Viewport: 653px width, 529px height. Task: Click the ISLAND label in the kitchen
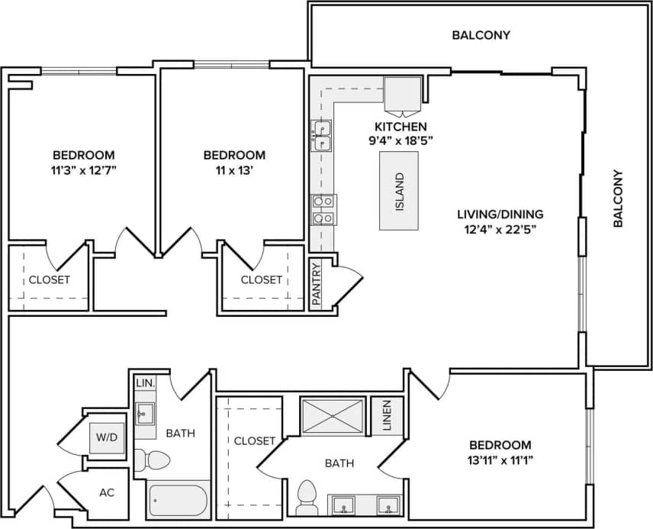pyautogui.click(x=399, y=191)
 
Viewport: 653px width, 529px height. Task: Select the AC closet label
pyautogui.click(x=107, y=492)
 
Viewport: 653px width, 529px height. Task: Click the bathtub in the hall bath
pyautogui.click(x=177, y=501)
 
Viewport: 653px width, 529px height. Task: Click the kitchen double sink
pyautogui.click(x=322, y=135)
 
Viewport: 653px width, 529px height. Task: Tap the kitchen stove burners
pyautogui.click(x=322, y=209)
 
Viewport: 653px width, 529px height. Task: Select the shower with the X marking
pyautogui.click(x=333, y=416)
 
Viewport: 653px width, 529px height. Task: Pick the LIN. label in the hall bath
pyautogui.click(x=143, y=382)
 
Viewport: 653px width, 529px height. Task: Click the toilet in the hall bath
pyautogui.click(x=153, y=461)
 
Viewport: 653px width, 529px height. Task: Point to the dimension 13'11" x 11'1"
pyautogui.click(x=500, y=460)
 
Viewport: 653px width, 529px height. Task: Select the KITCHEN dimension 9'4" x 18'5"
pyautogui.click(x=400, y=140)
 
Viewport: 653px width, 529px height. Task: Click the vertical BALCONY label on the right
pyautogui.click(x=619, y=198)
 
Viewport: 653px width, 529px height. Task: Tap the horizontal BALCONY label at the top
pyautogui.click(x=481, y=35)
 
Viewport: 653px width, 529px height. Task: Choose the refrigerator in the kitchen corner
pyautogui.click(x=402, y=94)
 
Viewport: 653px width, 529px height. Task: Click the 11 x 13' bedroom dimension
pyautogui.click(x=234, y=169)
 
